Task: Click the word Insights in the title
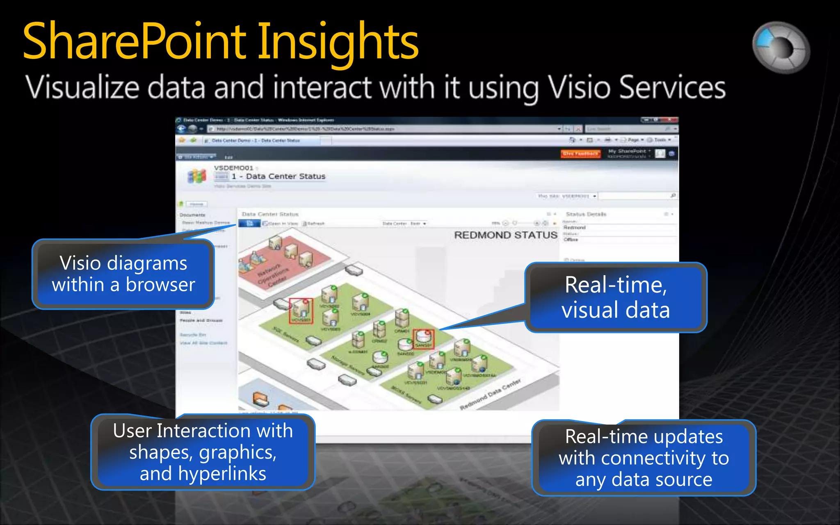(x=337, y=41)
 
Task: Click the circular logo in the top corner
(x=781, y=47)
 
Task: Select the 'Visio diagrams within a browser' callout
(x=123, y=274)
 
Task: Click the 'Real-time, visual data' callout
(x=615, y=297)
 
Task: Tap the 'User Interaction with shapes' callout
(x=203, y=452)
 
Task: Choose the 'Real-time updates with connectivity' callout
(x=644, y=458)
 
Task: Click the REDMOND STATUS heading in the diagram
(x=505, y=235)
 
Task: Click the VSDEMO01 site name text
(x=233, y=168)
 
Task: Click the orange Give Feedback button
(x=580, y=154)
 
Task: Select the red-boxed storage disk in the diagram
(x=423, y=339)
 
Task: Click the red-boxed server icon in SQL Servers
(x=301, y=310)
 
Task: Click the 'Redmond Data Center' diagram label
(x=490, y=395)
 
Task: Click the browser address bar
(x=381, y=129)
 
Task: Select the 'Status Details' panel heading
(x=586, y=214)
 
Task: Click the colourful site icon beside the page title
(x=197, y=177)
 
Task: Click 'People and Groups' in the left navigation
(x=201, y=320)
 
